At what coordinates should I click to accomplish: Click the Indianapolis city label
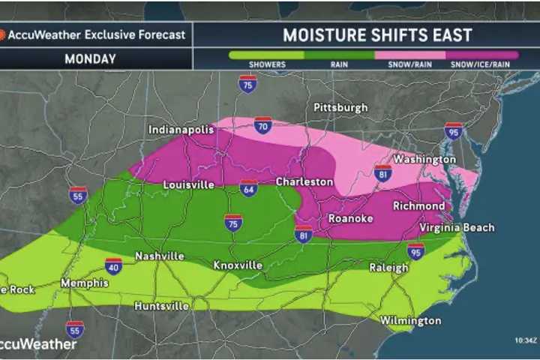point(181,130)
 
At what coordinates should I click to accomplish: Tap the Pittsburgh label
point(340,107)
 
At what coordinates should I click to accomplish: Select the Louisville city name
point(189,184)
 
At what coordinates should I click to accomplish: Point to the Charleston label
point(304,181)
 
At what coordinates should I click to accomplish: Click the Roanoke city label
point(351,219)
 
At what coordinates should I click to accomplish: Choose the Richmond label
point(418,205)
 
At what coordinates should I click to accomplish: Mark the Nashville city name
point(160,256)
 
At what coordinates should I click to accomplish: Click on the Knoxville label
point(238,265)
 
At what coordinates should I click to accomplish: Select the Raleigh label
point(388,268)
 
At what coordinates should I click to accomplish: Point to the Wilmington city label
point(410,321)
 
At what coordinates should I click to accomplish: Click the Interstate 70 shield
point(262,124)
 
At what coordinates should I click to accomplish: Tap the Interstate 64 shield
point(249,187)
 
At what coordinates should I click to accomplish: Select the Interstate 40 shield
point(113,265)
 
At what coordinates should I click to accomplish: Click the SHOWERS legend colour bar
point(267,55)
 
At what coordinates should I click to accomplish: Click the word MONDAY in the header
point(90,58)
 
